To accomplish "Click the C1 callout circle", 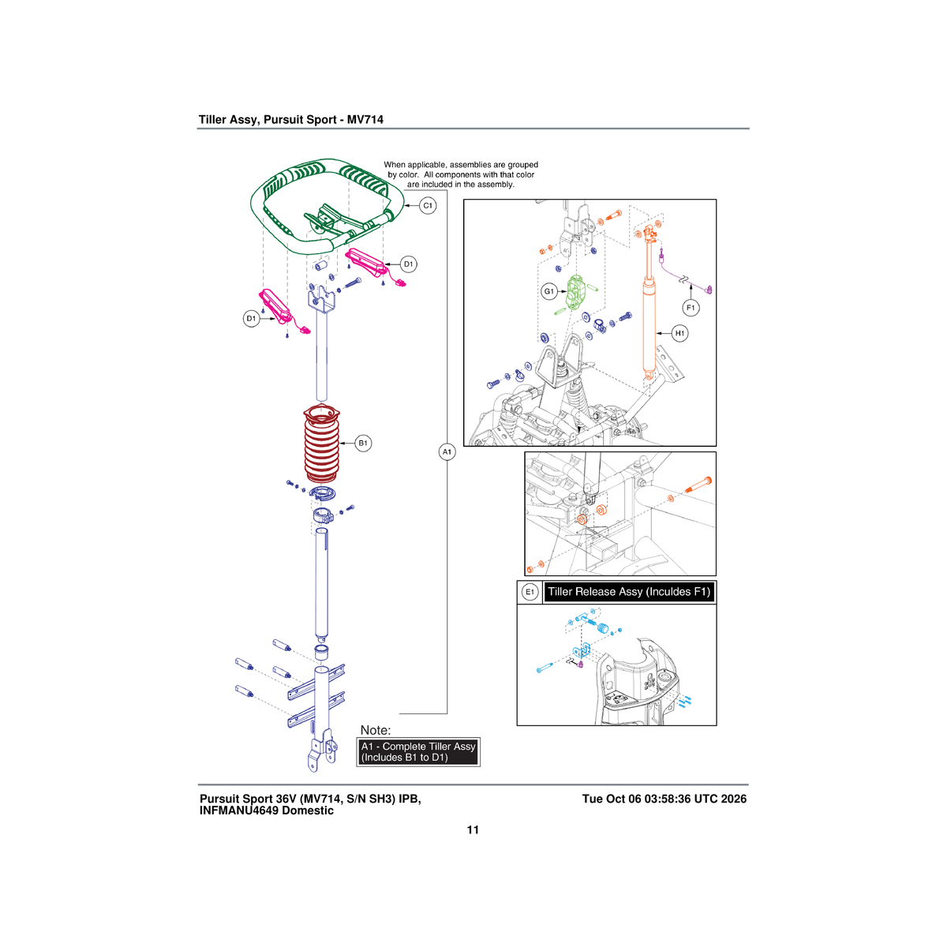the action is tap(428, 205).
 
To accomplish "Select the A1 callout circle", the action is tap(447, 451).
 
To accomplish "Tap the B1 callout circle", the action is tap(363, 444).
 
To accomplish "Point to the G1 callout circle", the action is tap(549, 291).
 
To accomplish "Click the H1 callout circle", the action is tap(679, 333).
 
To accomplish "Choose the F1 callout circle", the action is tap(691, 308).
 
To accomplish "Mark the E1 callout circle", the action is tap(530, 592).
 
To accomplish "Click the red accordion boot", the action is tap(321, 444).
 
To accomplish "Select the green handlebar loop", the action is tap(275, 231).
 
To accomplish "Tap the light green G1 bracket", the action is tap(574, 292).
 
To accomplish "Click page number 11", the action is tap(473, 829).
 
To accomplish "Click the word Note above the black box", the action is tap(376, 730).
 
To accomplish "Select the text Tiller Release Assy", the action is tap(596, 592).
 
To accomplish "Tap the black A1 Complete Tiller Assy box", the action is tap(418, 752).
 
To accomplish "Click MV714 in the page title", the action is tap(365, 119).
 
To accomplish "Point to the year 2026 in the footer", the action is tap(734, 799).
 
